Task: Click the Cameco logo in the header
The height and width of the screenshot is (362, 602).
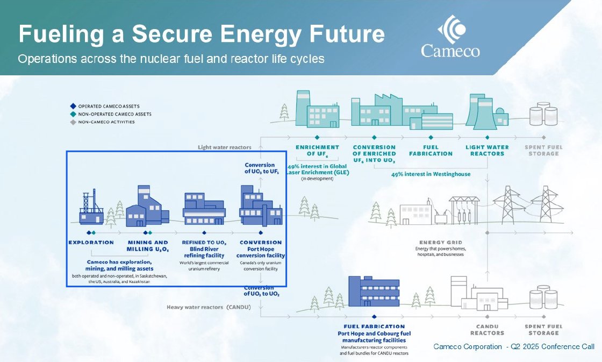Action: coord(450,37)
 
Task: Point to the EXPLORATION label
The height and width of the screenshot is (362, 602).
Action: coord(91,242)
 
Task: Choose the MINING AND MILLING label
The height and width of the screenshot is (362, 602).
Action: coord(147,245)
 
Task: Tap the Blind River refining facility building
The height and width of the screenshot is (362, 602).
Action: coord(204,209)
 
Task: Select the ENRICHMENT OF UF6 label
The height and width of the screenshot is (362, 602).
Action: coord(317,150)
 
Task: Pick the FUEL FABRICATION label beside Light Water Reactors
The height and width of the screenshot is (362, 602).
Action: coord(431,150)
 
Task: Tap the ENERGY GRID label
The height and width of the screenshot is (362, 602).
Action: coord(441,243)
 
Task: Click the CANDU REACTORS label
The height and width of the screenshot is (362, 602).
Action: coord(486,329)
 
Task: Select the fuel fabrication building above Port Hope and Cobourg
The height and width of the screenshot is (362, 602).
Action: coord(374,294)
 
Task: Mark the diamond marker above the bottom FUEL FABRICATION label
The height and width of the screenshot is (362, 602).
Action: coord(374,317)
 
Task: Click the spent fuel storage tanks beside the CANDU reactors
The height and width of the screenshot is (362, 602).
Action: coord(543,300)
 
